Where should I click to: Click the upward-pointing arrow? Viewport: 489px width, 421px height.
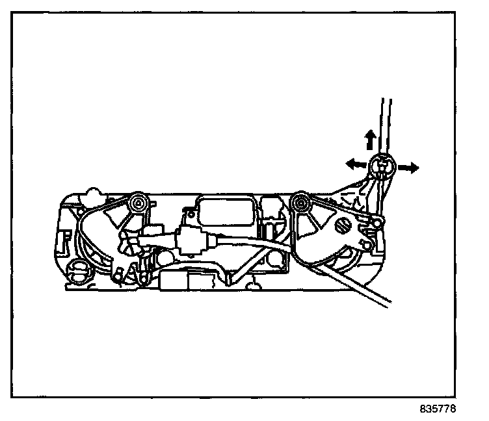pos(370,139)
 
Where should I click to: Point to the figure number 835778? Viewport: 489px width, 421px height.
pos(438,410)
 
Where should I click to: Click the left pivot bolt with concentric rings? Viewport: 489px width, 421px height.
pos(139,205)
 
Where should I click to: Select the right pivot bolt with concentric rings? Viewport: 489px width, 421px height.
pos(300,204)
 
